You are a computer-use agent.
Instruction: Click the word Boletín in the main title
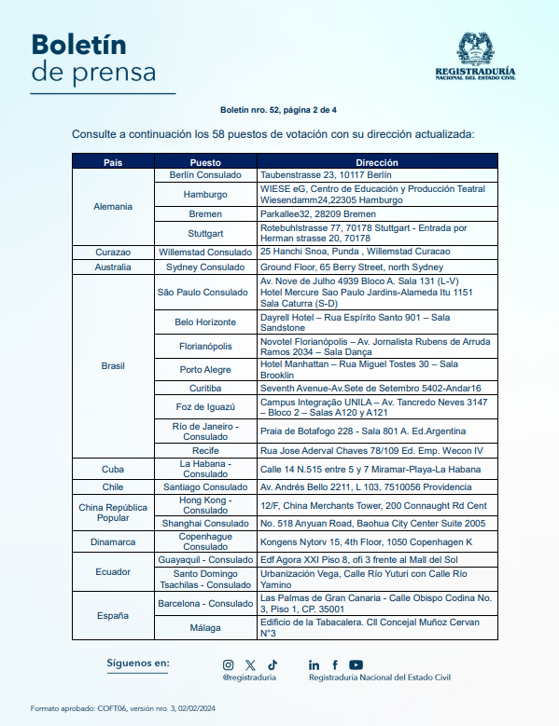tap(79, 44)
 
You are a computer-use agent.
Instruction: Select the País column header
tap(113, 162)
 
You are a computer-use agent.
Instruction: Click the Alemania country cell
tap(113, 206)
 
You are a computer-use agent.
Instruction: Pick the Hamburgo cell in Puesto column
tap(205, 194)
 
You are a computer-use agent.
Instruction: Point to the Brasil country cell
tap(113, 365)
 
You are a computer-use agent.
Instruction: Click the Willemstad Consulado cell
tap(205, 252)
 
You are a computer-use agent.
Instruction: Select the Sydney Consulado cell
tap(205, 267)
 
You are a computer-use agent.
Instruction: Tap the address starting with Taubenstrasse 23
tap(326, 174)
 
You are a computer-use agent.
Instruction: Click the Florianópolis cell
tap(205, 346)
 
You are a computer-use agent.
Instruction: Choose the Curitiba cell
tap(205, 388)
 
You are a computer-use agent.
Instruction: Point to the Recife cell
tap(205, 451)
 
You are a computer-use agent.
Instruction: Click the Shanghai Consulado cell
tap(205, 524)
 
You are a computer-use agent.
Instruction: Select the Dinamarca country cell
tap(113, 541)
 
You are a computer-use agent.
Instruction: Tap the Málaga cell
tap(205, 627)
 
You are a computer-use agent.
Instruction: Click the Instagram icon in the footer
tap(229, 664)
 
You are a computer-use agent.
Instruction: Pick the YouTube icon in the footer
tap(356, 664)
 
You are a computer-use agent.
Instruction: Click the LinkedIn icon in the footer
tap(314, 664)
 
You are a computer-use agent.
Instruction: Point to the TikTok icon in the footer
tap(272, 664)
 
